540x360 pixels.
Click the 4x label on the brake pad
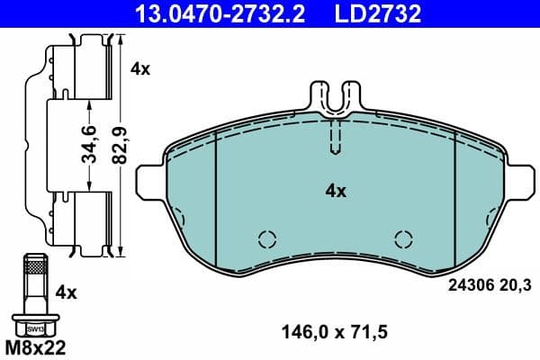[x=335, y=191]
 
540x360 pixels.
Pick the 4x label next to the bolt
[x=67, y=292]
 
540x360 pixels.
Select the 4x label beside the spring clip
[x=140, y=67]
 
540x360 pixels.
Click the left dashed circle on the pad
[x=266, y=238]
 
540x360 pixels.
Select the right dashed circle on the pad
[x=404, y=238]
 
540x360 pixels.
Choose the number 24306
[x=468, y=286]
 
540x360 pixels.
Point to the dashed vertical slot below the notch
[x=336, y=137]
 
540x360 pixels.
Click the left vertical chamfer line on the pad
[x=218, y=193]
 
